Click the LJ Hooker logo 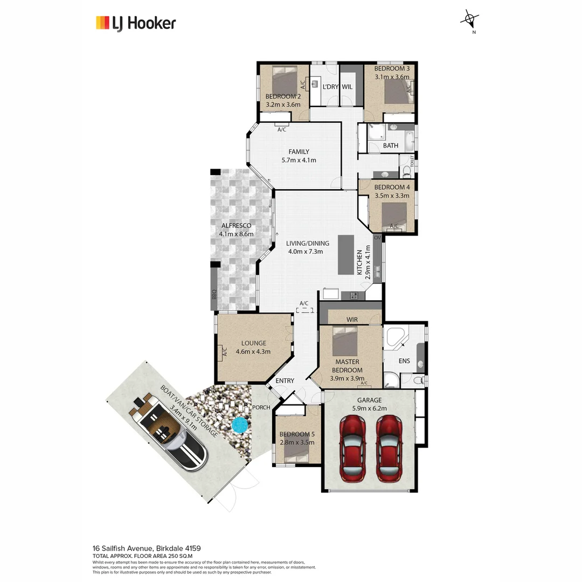pyautogui.click(x=136, y=23)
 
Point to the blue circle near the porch pyautogui.click(x=238, y=426)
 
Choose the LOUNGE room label pyautogui.click(x=253, y=343)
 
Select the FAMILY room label pyautogui.click(x=298, y=151)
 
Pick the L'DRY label pyautogui.click(x=329, y=86)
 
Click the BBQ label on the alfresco pyautogui.click(x=214, y=295)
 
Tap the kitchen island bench pyautogui.click(x=346, y=255)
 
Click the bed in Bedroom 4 pyautogui.click(x=394, y=215)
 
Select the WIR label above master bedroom pyautogui.click(x=352, y=320)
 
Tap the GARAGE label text pyautogui.click(x=369, y=400)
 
